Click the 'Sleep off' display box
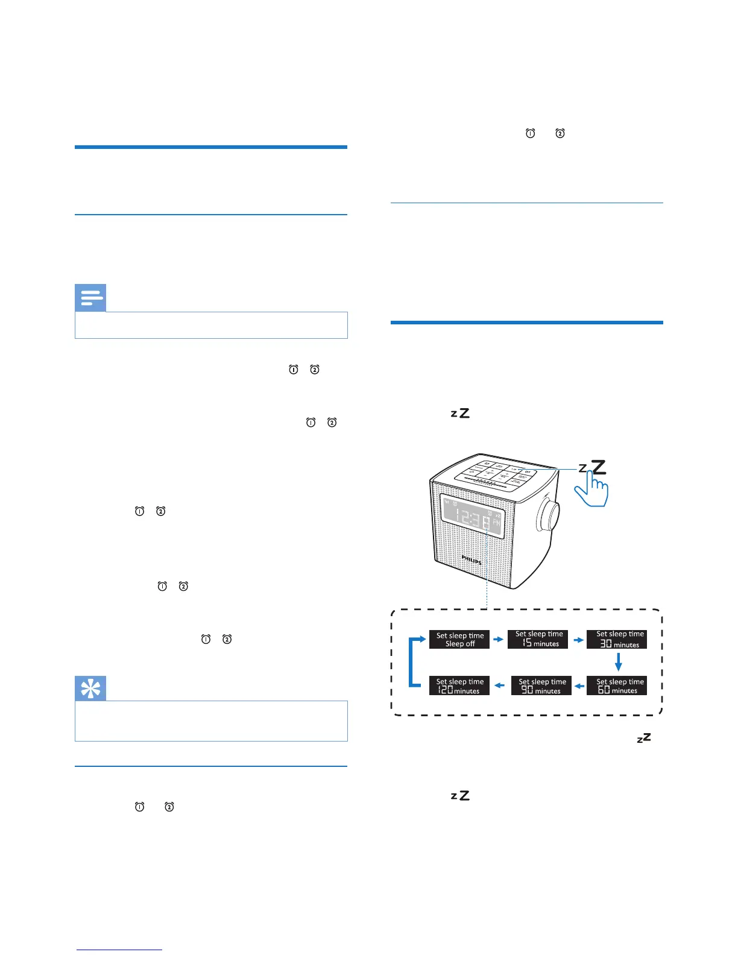459,639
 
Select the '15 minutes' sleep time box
538,639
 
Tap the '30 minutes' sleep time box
617,639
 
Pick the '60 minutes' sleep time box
617,686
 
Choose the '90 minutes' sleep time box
541,686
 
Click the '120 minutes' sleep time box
459,686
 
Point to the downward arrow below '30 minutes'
618,662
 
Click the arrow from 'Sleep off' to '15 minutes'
499,639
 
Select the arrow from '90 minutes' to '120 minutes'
499,686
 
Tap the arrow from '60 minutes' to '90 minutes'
579,686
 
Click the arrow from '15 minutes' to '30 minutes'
578,639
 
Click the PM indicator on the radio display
496,523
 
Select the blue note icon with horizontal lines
90,298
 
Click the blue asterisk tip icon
90,688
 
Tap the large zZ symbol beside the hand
593,467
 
